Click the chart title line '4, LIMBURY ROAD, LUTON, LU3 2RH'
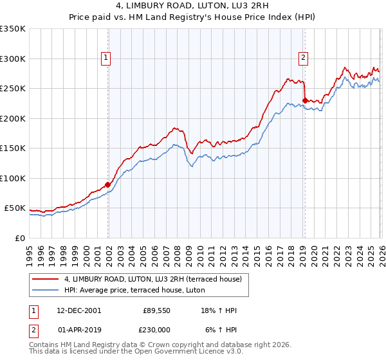coord(192,7)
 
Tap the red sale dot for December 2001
coord(108,184)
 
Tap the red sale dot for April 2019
coord(304,100)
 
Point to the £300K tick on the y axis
coord(13,59)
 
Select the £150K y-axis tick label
coord(13,148)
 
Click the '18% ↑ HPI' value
coord(218,310)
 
